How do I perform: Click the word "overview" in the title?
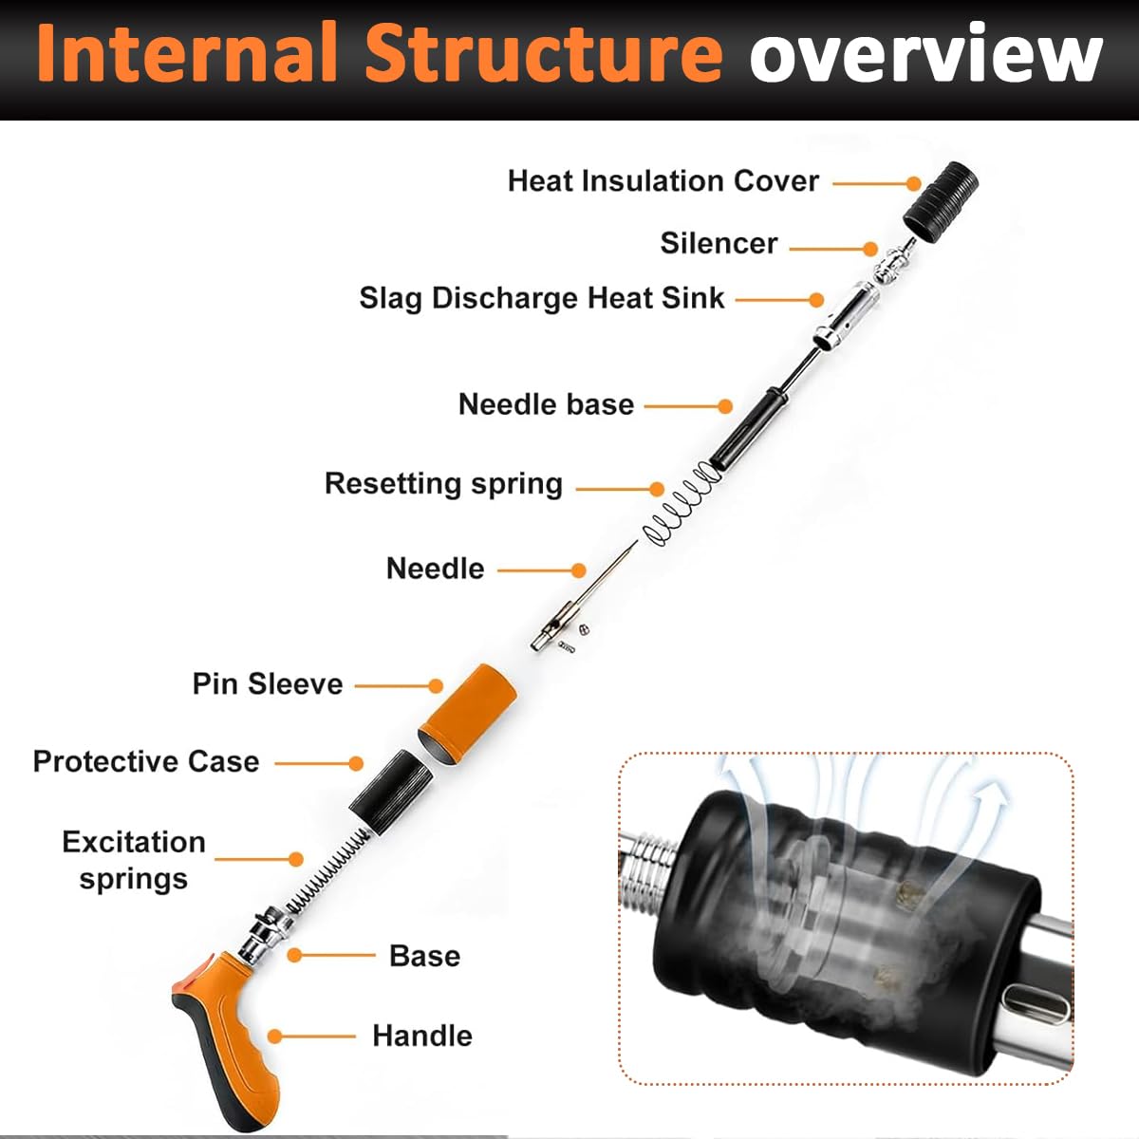[x=925, y=54]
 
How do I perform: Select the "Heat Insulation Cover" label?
[x=663, y=181]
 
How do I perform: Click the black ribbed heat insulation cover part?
[x=940, y=199]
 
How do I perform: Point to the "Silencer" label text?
[x=719, y=244]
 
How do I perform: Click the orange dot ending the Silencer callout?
[x=870, y=249]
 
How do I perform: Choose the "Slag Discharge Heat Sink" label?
[x=541, y=298]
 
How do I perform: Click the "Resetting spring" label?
[x=443, y=483]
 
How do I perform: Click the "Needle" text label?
[x=435, y=569]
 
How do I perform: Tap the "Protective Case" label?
[x=146, y=761]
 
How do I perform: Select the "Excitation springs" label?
[x=133, y=860]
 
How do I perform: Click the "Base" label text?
[x=424, y=956]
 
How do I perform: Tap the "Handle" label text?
[x=421, y=1036]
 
